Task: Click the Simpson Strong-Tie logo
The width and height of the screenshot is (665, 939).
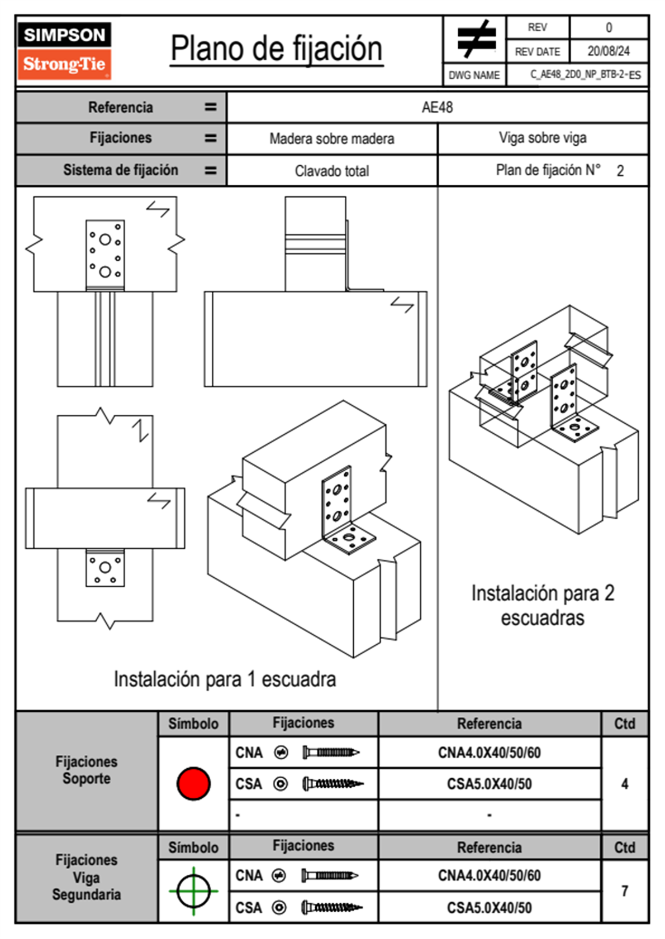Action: coord(64,51)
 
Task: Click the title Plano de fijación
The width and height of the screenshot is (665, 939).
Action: coord(277,49)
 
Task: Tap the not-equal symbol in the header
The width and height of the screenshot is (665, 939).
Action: coord(476,39)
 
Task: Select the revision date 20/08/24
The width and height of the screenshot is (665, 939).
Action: coord(609,51)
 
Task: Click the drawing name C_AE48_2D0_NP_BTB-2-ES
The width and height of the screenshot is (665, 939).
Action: coord(585,75)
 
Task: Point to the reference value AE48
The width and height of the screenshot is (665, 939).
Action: coord(437,107)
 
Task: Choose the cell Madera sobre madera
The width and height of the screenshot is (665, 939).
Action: coord(332,138)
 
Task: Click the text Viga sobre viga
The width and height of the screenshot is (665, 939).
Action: coord(543,138)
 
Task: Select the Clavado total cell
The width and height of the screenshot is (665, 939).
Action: coord(332,171)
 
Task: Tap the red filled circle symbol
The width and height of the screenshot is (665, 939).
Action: coord(193,783)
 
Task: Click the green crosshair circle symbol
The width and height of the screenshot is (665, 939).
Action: coord(193,891)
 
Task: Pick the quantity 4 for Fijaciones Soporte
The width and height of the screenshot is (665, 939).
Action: coord(624,784)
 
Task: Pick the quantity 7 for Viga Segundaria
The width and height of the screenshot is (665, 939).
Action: coord(625,891)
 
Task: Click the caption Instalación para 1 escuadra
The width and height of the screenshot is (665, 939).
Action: coord(225,679)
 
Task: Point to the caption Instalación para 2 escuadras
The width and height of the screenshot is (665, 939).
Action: coord(543,605)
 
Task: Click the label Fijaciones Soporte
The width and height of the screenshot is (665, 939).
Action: coord(87,770)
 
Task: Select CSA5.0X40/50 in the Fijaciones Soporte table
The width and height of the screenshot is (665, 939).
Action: coord(489,784)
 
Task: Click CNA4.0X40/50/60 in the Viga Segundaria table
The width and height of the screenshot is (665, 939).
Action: coord(489,875)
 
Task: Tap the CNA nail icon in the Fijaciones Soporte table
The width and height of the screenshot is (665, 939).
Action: coord(331,753)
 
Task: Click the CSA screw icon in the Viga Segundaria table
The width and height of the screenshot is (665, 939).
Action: coord(332,908)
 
